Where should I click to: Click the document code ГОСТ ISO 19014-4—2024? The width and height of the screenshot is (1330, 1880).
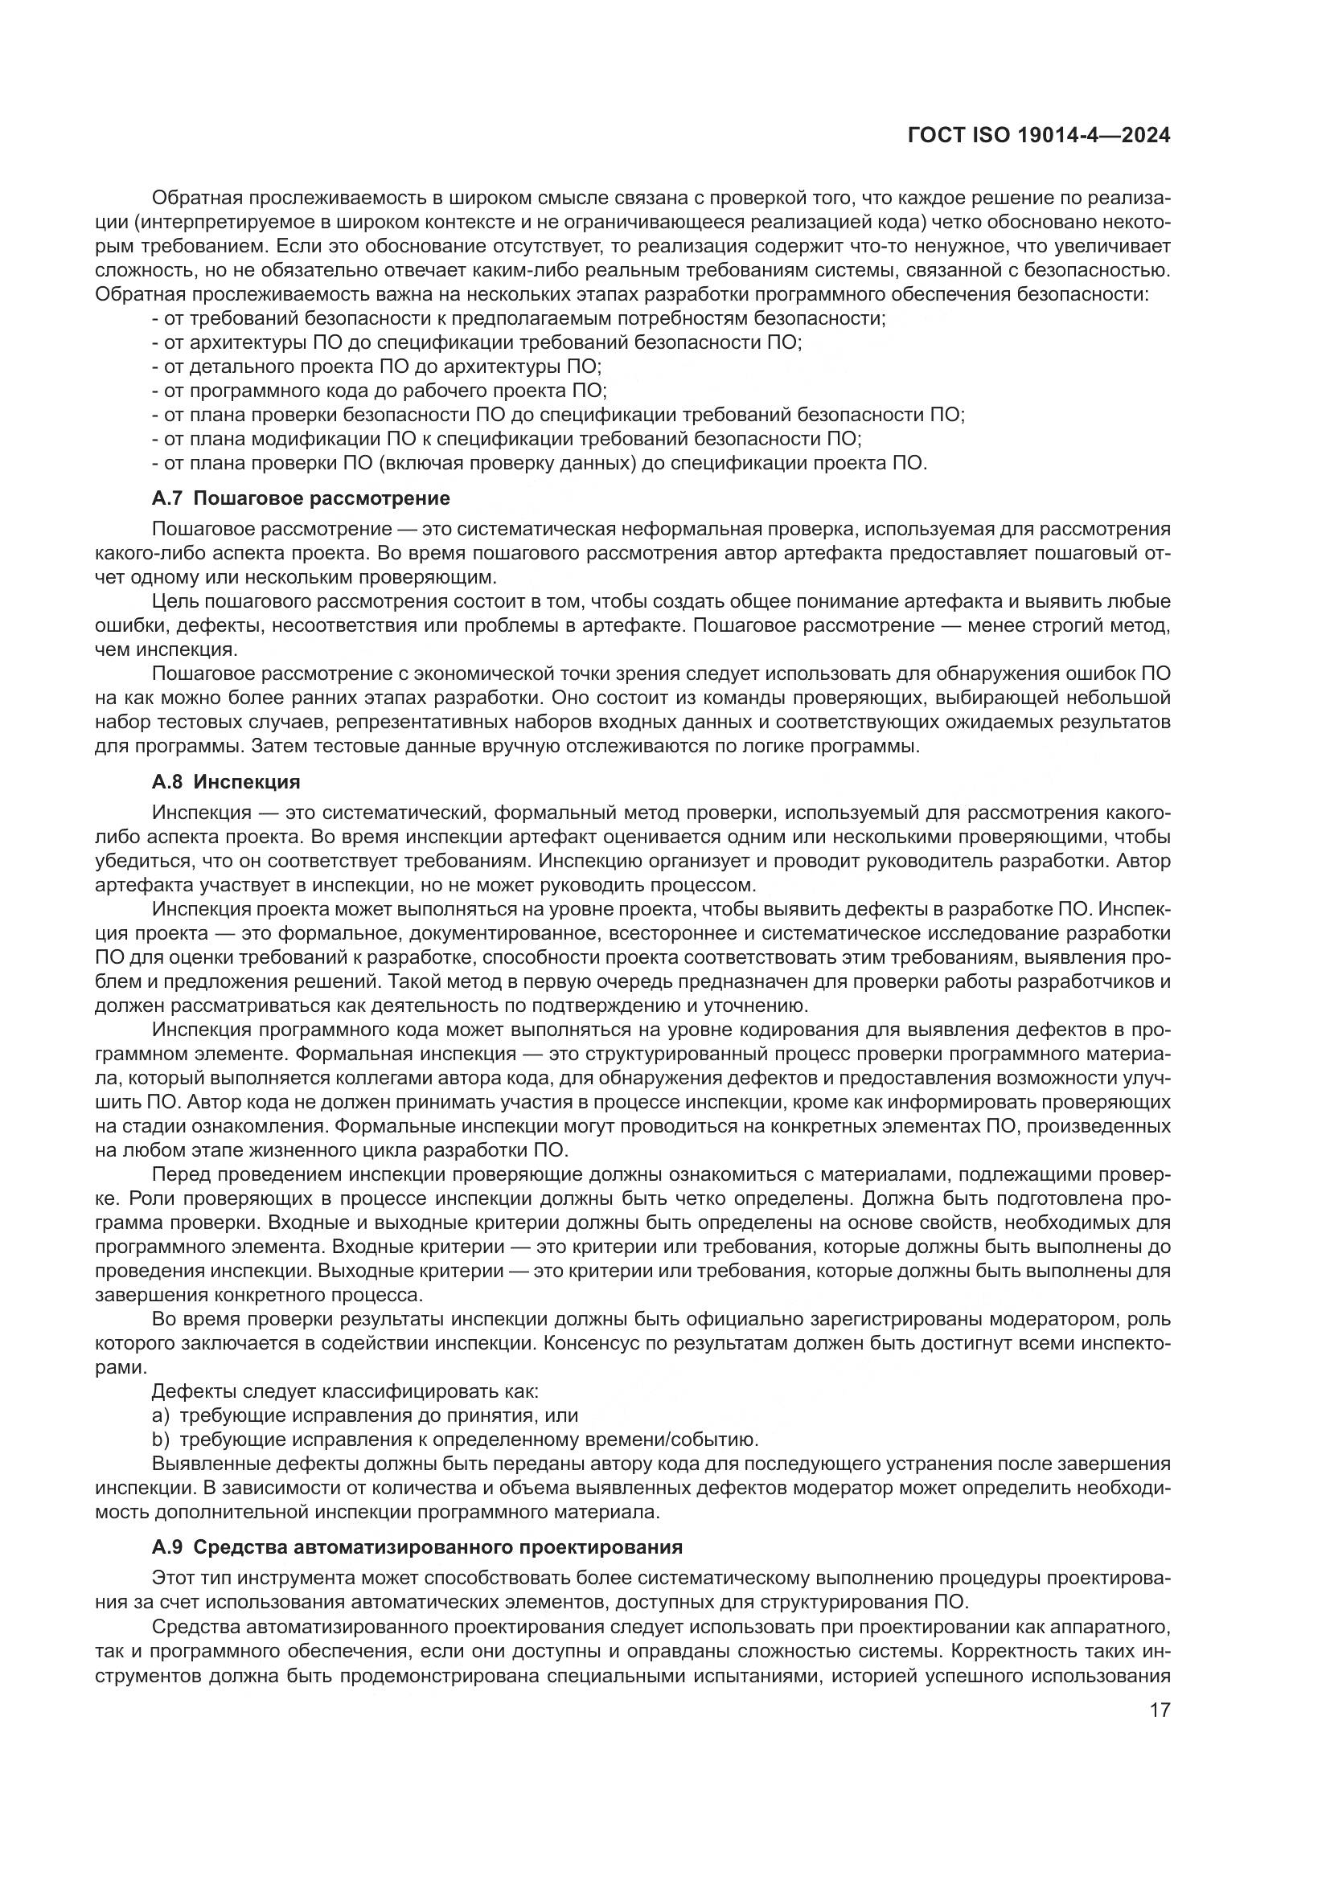tap(1038, 136)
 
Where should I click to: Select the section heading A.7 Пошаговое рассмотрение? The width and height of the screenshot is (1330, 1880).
tap(301, 498)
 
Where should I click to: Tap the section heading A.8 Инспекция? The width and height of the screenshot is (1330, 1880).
tap(226, 781)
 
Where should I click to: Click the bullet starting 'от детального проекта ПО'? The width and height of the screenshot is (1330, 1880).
tap(376, 366)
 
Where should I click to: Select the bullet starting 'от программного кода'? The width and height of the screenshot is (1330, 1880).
tap(380, 391)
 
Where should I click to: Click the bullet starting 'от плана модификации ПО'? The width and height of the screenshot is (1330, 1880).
tap(506, 439)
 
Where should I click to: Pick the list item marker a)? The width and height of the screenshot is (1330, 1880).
tap(161, 1415)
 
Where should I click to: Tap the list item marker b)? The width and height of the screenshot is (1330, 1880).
tap(161, 1440)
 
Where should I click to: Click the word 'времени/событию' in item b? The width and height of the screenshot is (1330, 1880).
tap(667, 1440)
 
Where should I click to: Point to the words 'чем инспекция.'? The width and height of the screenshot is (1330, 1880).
tap(167, 650)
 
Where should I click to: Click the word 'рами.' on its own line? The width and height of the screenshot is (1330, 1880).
tap(121, 1366)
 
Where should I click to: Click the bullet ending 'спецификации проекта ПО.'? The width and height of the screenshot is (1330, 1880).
tap(539, 464)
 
